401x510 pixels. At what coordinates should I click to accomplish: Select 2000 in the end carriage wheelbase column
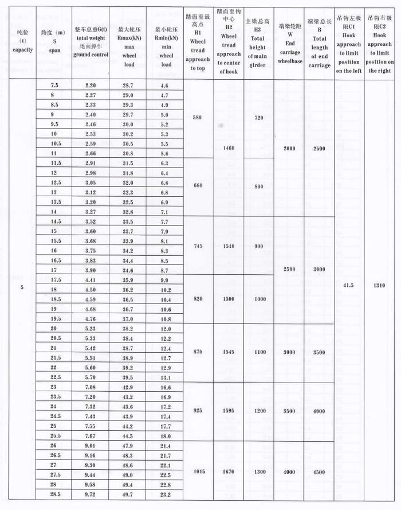click(289, 148)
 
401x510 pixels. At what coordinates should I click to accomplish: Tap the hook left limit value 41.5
click(348, 285)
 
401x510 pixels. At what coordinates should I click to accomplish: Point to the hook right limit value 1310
click(380, 285)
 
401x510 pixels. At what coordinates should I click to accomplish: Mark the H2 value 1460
click(229, 148)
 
